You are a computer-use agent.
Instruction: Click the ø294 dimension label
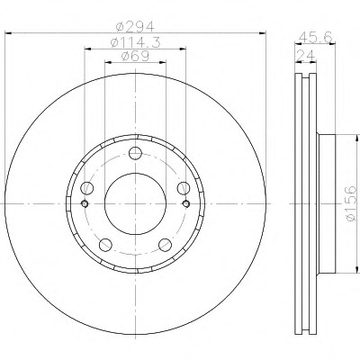tap(135, 27)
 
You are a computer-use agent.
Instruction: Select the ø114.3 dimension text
tap(136, 42)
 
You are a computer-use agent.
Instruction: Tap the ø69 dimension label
tap(135, 57)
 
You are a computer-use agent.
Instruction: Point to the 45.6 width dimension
tap(316, 38)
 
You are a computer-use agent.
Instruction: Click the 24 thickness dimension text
tap(306, 56)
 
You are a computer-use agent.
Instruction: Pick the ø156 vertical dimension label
tap(350, 203)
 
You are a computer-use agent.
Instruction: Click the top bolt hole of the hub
tap(135, 153)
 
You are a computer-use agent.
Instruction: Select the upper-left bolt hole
tap(87, 188)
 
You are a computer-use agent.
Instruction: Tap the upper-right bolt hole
tap(184, 188)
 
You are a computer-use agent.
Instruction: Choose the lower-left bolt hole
tap(105, 245)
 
